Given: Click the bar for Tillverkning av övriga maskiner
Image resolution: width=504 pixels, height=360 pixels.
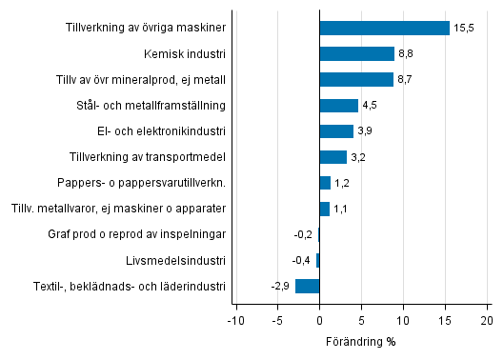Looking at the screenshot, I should (384, 29).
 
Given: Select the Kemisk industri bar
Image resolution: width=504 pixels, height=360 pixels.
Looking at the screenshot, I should (356, 54).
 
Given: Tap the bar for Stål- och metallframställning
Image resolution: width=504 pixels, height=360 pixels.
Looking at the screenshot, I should (338, 106).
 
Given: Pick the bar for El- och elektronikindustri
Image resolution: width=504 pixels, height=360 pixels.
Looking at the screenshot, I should (336, 131).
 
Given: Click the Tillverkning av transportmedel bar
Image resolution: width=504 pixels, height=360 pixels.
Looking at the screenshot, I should (333, 157).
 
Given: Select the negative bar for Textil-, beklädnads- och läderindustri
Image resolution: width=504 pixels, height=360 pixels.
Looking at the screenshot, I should (308, 286).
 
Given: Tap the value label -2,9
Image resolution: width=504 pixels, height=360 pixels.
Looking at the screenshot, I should (281, 286).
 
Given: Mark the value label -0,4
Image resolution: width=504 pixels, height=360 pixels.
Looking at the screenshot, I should (302, 260).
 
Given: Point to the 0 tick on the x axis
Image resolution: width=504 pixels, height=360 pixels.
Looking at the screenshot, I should (320, 321).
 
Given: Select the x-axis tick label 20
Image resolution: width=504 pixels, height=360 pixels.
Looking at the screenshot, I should (487, 321).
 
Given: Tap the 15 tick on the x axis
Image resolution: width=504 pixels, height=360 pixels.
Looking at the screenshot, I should (445, 321).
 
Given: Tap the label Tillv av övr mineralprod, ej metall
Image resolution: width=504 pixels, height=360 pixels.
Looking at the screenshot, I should (140, 80).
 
